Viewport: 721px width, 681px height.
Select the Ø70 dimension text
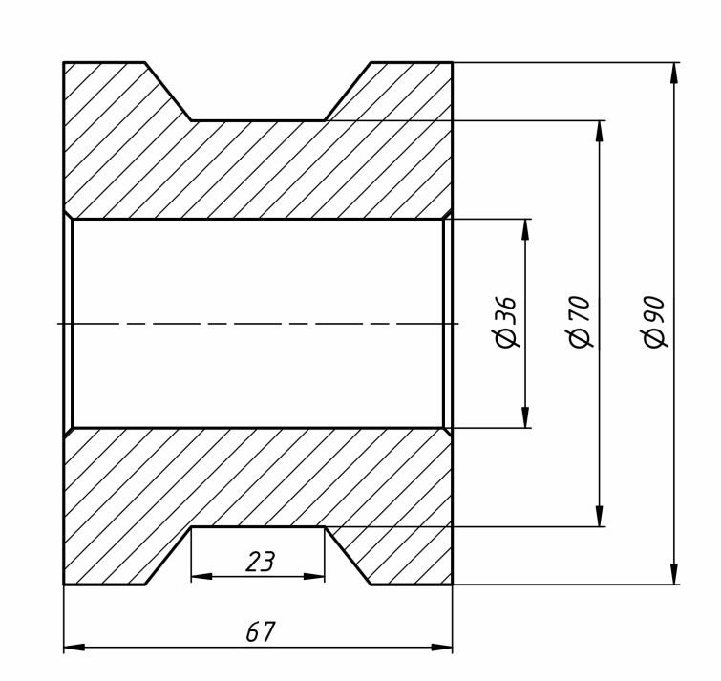[x=580, y=321]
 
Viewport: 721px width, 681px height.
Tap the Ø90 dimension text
[x=654, y=321]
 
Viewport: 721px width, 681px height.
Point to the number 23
[x=260, y=562]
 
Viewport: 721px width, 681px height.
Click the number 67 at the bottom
[x=261, y=631]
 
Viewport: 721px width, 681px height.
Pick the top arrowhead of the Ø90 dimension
[x=674, y=74]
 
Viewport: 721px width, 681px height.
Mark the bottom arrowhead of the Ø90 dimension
[x=674, y=573]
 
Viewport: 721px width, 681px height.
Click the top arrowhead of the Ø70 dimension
[x=599, y=132]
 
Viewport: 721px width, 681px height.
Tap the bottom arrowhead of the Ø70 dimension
[x=599, y=516]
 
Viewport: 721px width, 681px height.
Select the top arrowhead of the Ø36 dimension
[x=525, y=230]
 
